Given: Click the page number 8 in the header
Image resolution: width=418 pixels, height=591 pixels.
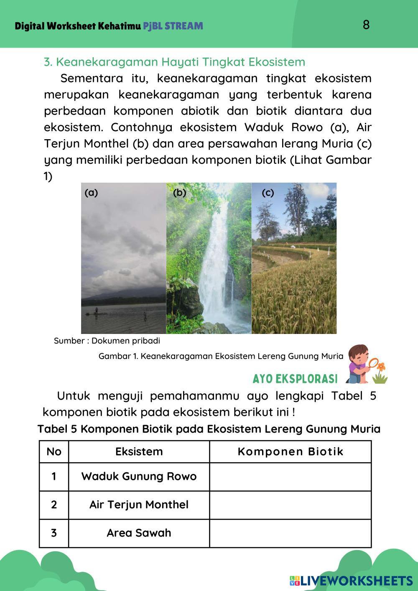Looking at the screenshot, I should (366, 25).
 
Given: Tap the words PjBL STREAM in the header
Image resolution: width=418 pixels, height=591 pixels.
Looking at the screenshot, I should (173, 26).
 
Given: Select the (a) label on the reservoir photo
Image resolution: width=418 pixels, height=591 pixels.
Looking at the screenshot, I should (91, 193).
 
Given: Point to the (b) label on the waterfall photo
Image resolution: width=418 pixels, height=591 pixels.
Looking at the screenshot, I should (179, 193).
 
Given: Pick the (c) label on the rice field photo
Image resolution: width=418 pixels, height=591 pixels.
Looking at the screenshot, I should (268, 193).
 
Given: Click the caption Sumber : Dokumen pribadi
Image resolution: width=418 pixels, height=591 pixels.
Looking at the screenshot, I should (107, 341).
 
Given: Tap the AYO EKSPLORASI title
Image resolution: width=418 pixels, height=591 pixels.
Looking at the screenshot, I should (295, 379).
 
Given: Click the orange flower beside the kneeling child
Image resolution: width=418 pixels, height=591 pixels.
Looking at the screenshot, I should (380, 367).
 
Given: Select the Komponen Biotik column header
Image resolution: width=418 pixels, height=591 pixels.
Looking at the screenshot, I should (291, 451).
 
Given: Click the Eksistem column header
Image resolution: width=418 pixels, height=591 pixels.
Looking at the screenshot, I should (139, 451).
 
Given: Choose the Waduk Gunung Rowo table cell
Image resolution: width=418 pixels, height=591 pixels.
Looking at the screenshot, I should (139, 476).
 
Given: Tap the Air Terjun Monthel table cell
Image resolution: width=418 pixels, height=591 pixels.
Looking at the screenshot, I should (139, 504).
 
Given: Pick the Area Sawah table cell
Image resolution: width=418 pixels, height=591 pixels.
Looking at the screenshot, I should (139, 533).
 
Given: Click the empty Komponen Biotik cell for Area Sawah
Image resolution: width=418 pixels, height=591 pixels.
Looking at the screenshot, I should (291, 533).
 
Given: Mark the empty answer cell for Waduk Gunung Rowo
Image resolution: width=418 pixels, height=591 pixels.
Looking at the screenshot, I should (291, 476).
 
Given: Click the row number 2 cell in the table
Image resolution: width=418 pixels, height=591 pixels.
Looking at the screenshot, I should (54, 504).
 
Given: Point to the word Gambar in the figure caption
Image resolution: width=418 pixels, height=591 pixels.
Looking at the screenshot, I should (113, 356).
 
